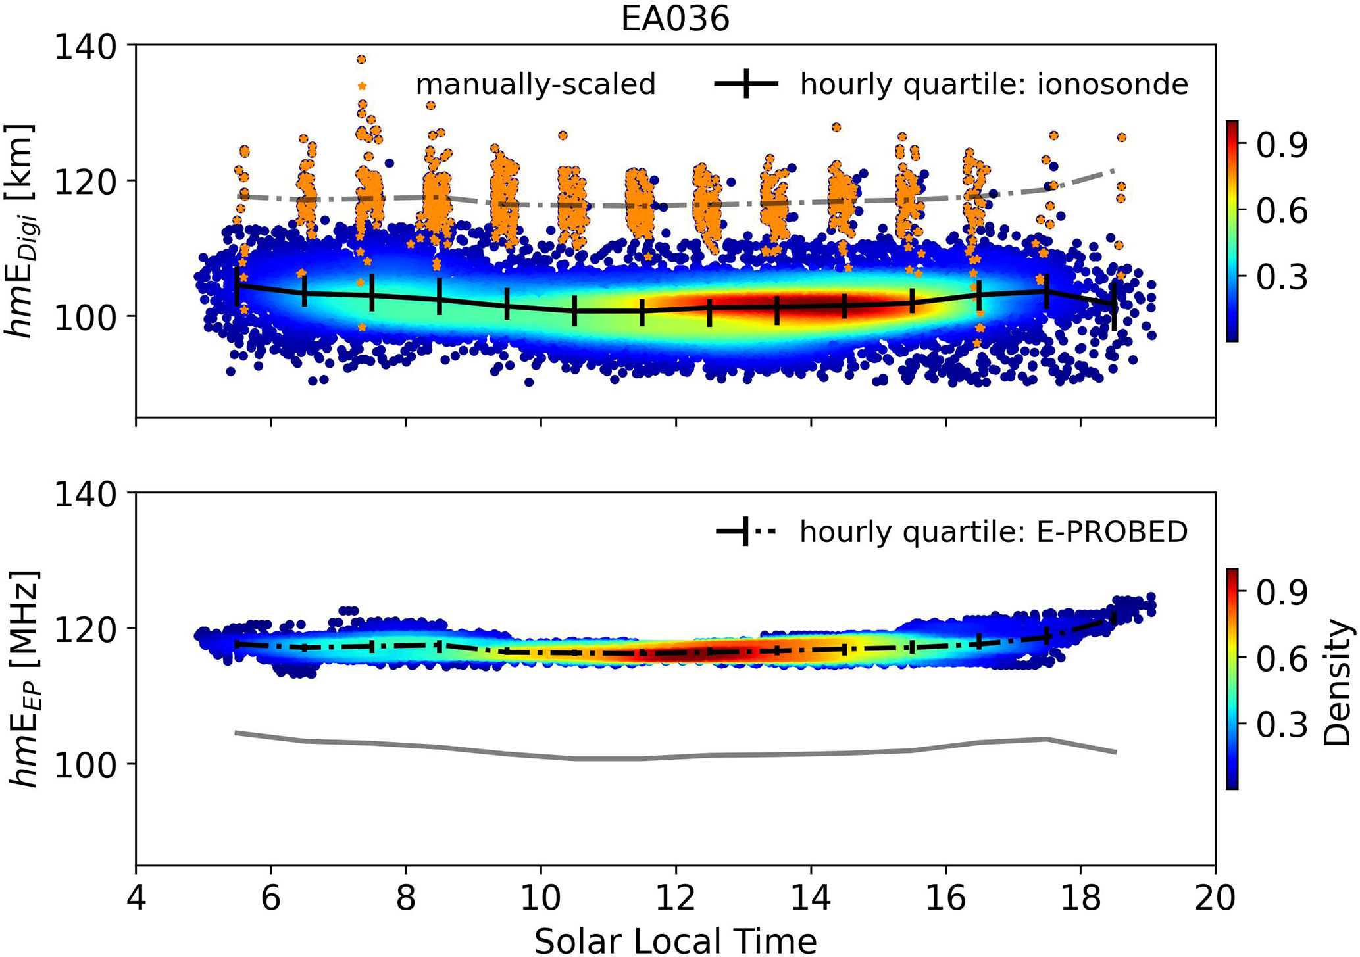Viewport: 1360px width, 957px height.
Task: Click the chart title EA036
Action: [x=675, y=19]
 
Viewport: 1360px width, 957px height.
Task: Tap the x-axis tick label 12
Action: [x=676, y=897]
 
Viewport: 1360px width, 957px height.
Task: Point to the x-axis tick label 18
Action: [x=1080, y=897]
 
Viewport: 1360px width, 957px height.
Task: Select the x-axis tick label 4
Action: [x=136, y=897]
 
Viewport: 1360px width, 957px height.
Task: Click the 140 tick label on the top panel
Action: [x=86, y=47]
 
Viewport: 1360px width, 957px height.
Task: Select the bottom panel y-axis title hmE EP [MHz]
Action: [x=22, y=677]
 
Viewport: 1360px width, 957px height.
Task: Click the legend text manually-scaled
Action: [x=536, y=85]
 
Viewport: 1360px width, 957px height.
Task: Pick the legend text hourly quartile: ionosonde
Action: [x=994, y=85]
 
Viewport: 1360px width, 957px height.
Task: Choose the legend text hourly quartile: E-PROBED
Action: [x=994, y=531]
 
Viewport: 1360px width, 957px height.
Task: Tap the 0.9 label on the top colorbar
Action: [x=1280, y=146]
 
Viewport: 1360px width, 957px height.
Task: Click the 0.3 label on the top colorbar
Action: [x=1280, y=278]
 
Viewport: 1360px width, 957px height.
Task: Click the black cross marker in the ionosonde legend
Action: [x=746, y=84]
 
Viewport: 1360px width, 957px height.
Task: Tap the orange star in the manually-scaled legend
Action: [x=361, y=86]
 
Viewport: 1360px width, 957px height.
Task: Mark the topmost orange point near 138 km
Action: [x=361, y=60]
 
